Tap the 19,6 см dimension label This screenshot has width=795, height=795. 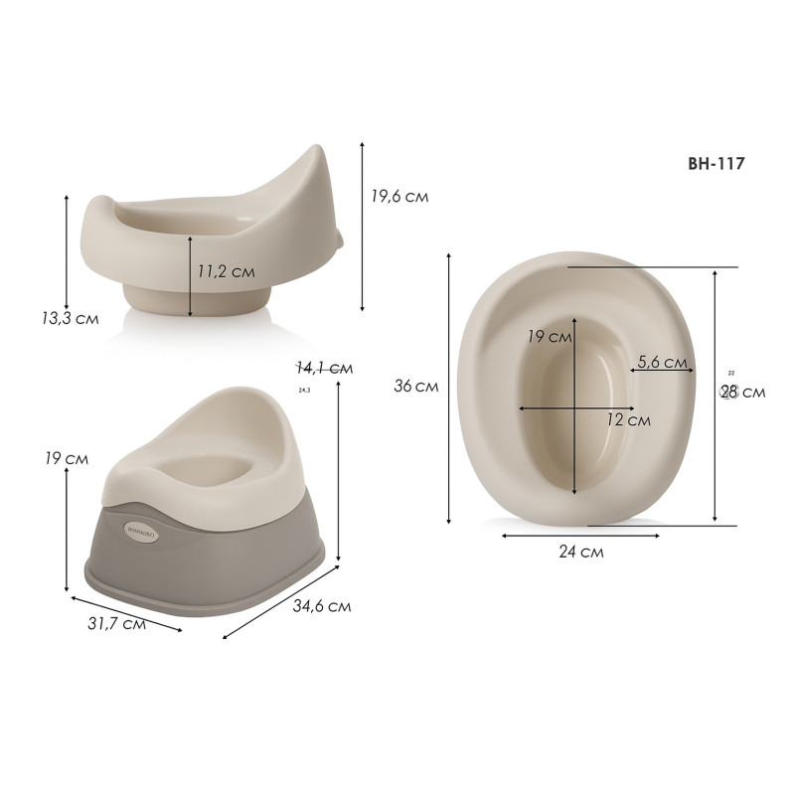[399, 197]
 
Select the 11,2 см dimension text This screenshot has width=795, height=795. [227, 270]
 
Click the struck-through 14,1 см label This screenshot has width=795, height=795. [324, 367]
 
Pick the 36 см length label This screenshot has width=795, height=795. [415, 386]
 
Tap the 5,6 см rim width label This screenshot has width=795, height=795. [662, 362]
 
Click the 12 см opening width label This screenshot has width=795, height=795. [628, 420]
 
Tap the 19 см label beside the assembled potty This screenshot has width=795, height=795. [66, 459]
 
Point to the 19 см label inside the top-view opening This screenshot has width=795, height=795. [549, 337]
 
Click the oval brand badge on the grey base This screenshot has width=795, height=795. [136, 530]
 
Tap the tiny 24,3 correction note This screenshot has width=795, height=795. [304, 390]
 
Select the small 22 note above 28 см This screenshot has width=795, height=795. [731, 373]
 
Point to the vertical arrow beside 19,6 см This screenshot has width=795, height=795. [363, 227]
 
